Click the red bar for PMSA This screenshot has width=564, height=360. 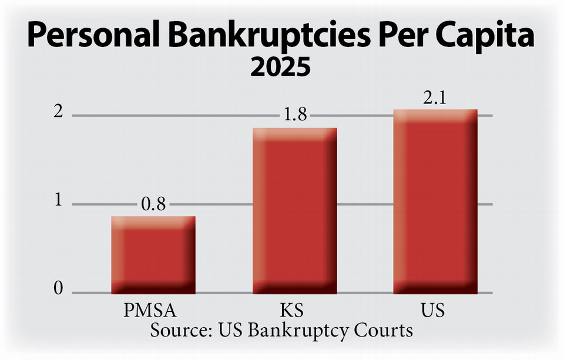pos(153,255)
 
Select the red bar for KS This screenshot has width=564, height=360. pos(294,211)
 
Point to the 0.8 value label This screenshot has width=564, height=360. pos(154,205)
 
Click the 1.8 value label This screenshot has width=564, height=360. pos(295,116)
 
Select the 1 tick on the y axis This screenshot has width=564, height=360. pos(58,201)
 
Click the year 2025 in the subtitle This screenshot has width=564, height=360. pos(280,68)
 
